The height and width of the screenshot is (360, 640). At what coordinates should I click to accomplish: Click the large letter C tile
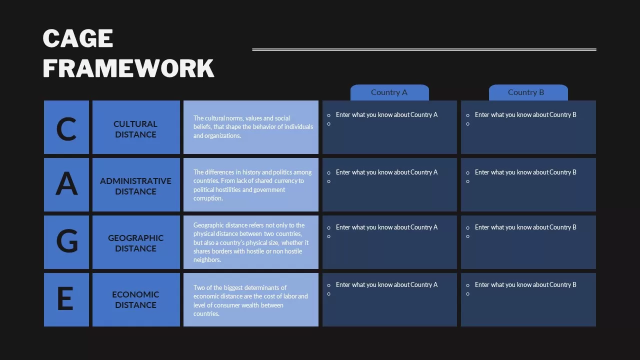(x=66, y=127)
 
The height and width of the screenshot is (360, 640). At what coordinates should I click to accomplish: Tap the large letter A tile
(x=66, y=184)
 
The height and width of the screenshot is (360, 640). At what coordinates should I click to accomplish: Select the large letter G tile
(x=66, y=242)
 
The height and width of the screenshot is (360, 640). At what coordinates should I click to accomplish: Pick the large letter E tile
(x=66, y=299)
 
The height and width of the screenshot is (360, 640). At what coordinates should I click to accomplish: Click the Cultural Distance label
(x=135, y=129)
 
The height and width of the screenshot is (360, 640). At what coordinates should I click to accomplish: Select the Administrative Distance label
(x=135, y=186)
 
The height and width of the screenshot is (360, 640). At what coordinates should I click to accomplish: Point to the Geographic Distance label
(x=135, y=243)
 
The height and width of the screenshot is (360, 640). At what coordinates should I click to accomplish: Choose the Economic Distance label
(x=135, y=299)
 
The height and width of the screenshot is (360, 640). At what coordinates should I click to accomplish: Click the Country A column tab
(x=389, y=92)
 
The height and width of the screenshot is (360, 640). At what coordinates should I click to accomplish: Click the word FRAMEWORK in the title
(x=128, y=68)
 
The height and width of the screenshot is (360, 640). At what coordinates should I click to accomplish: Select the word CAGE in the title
(x=78, y=38)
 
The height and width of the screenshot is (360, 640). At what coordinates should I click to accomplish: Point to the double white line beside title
(x=424, y=49)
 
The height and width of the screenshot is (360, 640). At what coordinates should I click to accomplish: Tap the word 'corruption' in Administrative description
(x=208, y=198)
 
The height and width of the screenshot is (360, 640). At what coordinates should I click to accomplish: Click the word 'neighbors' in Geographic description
(x=207, y=260)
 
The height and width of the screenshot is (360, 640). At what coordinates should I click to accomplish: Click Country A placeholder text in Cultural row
(x=386, y=115)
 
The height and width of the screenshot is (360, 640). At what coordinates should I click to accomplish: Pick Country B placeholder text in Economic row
(x=525, y=285)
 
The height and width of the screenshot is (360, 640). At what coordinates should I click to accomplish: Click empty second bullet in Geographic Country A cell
(x=328, y=236)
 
